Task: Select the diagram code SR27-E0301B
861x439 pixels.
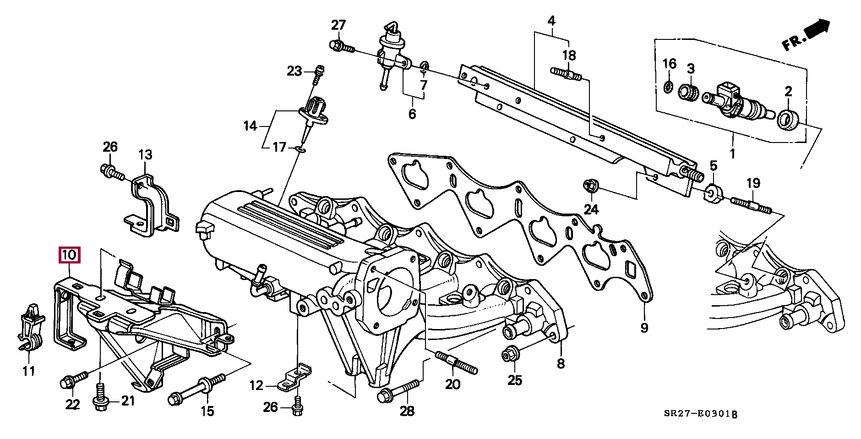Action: tap(701, 415)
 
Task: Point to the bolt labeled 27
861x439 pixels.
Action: tap(341, 46)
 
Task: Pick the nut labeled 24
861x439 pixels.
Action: tap(589, 186)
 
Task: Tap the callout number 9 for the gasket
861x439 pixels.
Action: tap(644, 328)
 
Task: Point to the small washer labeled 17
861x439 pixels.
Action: tap(300, 148)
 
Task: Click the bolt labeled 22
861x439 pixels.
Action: tap(73, 380)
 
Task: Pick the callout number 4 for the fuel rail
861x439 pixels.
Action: tap(551, 21)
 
